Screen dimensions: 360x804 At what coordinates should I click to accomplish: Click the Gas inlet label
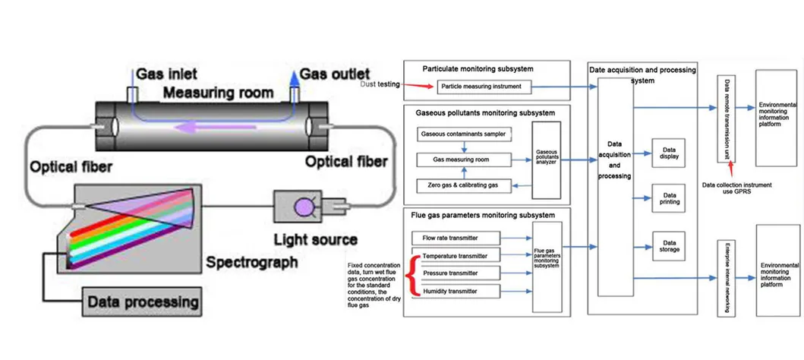point(167,74)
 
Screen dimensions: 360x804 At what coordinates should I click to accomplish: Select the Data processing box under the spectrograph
point(143,302)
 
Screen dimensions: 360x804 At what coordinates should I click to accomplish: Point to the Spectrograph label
point(252,264)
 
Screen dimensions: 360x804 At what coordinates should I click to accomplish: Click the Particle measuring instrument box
point(481,87)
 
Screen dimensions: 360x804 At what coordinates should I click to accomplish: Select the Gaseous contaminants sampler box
point(462,134)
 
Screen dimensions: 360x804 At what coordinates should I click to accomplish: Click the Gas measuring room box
point(462,160)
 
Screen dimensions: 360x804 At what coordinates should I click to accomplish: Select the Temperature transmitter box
point(456,255)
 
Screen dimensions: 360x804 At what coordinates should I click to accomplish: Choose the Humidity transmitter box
point(456,291)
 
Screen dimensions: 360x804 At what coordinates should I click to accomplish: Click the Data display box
point(669,153)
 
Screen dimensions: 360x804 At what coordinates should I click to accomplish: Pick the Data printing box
point(669,200)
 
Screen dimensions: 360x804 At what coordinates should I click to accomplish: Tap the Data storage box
point(669,245)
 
